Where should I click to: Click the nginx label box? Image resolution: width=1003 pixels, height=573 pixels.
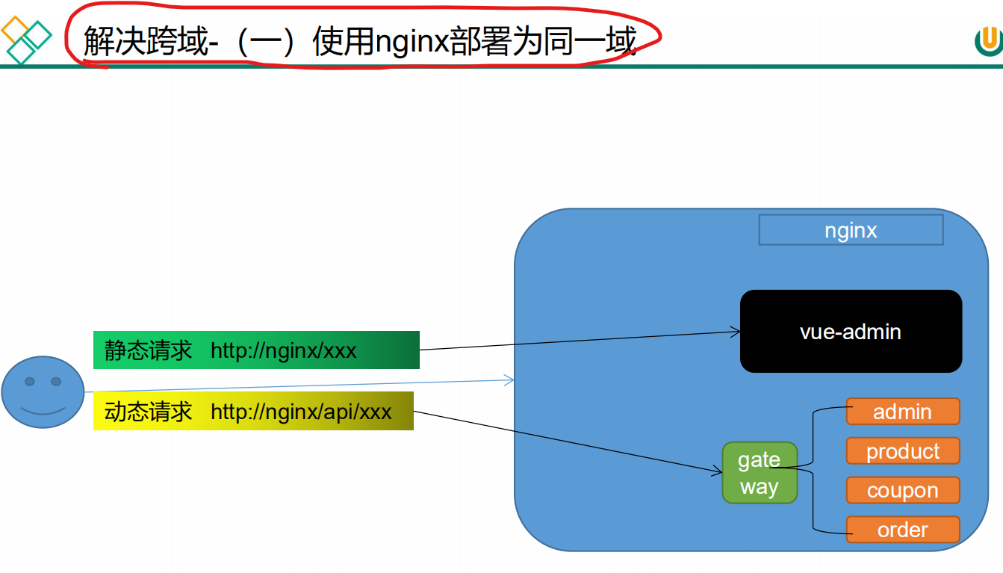click(x=851, y=230)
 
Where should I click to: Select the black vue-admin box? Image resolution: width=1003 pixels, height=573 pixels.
click(x=851, y=331)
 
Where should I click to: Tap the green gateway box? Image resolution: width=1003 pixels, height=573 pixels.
click(x=760, y=473)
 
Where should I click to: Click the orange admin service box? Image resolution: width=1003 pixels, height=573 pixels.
click(x=902, y=412)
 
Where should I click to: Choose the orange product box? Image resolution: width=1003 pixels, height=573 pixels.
click(x=902, y=451)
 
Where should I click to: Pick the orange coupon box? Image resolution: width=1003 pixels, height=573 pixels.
click(x=902, y=490)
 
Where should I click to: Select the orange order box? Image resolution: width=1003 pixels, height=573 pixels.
click(x=902, y=530)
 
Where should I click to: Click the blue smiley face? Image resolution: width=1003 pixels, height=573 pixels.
click(x=43, y=392)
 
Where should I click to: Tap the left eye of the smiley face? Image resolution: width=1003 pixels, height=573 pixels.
click(x=30, y=382)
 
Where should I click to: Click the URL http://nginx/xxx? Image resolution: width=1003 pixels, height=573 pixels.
click(x=283, y=350)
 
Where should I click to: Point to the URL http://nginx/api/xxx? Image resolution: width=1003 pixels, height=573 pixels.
click(x=301, y=412)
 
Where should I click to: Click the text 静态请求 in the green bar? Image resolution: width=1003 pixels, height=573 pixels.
click(x=148, y=350)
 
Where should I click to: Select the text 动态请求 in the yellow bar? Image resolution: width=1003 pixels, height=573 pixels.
click(x=148, y=412)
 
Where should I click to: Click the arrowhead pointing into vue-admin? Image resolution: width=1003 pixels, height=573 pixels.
click(x=735, y=331)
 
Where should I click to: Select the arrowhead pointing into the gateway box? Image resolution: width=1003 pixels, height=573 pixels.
click(x=718, y=471)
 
